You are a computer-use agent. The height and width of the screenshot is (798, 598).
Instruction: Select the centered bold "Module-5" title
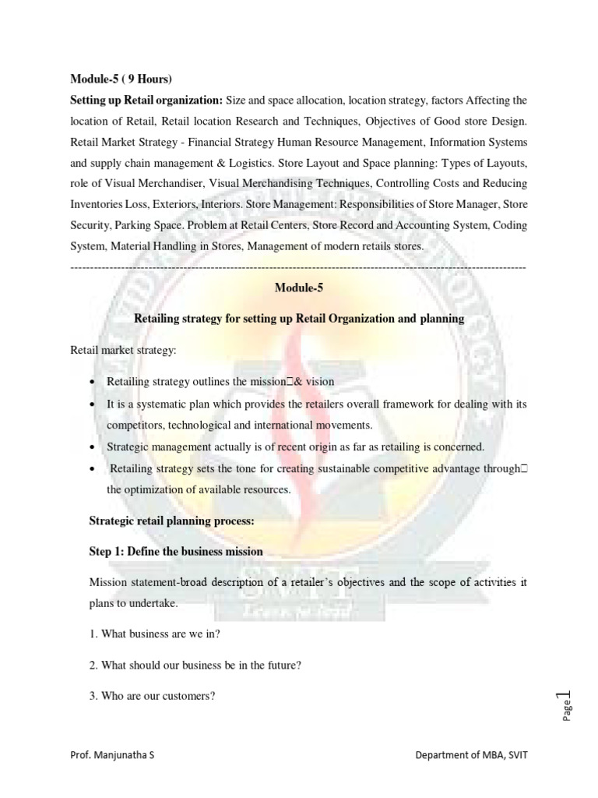click(298, 288)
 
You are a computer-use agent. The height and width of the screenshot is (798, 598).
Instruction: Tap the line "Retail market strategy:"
click(123, 351)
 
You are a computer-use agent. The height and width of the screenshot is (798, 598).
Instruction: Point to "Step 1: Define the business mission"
click(177, 551)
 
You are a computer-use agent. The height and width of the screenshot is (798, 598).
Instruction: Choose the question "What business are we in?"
click(156, 634)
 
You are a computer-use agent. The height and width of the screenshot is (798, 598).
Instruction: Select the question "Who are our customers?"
click(152, 696)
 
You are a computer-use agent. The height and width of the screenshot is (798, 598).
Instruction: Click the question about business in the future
click(185, 665)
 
